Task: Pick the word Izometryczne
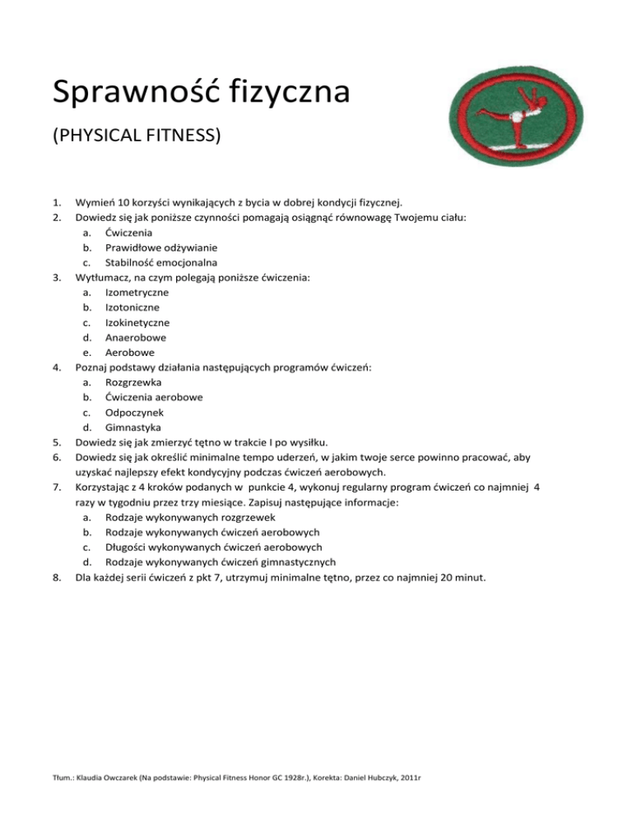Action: [x=137, y=293]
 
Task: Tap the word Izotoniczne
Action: [x=132, y=307]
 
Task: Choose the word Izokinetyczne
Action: [x=138, y=322]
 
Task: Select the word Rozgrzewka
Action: [x=133, y=383]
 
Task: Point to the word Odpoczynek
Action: [x=135, y=413]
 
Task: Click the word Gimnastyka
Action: [x=133, y=428]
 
